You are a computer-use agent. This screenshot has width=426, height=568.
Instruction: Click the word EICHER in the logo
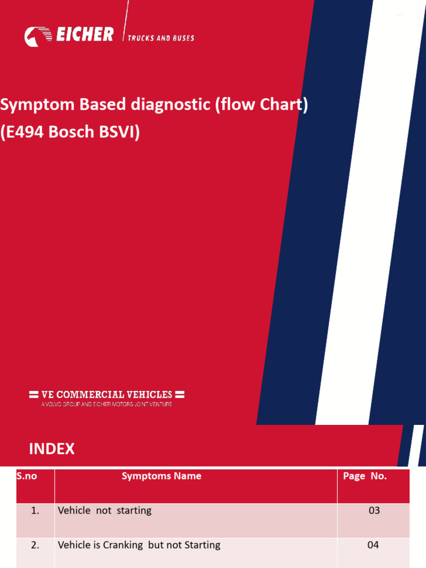point(85,35)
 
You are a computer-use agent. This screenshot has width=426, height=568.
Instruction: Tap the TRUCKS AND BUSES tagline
point(161,38)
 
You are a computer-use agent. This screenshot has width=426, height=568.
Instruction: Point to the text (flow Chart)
point(262,105)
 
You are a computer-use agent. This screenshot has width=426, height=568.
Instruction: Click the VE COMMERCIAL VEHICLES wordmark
point(106,394)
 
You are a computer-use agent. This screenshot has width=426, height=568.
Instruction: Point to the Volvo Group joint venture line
point(106,404)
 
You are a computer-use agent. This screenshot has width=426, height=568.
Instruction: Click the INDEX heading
point(52,449)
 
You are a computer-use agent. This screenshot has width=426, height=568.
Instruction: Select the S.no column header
point(27,476)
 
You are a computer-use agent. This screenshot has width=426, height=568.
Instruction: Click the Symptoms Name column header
point(161,476)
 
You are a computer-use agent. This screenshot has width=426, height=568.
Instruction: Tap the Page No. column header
point(365,476)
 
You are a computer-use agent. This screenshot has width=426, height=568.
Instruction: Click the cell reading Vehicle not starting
point(104,510)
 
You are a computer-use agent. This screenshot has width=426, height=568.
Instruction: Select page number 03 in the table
point(374,510)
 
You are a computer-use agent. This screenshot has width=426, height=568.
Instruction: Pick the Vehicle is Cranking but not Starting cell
point(139,545)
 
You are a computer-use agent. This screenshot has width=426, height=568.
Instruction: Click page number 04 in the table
point(373,545)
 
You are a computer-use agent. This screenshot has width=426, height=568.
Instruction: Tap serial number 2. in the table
point(35,545)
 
